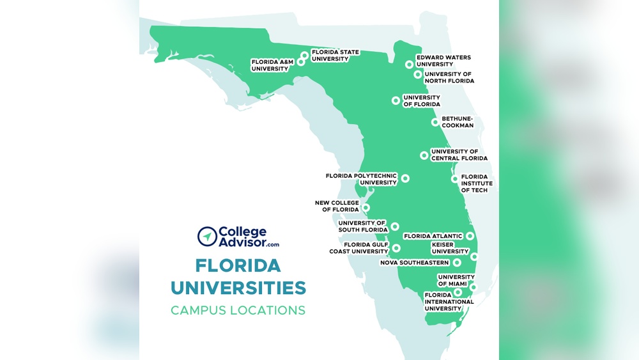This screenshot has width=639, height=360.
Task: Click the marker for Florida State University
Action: tap(305, 56)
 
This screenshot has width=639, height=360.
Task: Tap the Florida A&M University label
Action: tap(270, 65)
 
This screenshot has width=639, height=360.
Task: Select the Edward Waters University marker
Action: tap(409, 64)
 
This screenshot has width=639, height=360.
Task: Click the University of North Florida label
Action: tap(449, 77)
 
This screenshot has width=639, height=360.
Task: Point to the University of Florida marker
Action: tap(396, 100)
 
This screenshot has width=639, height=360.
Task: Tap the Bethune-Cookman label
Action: tap(458, 122)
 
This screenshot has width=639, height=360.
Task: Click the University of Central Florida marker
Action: tap(424, 155)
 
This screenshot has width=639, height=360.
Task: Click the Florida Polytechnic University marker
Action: tap(405, 178)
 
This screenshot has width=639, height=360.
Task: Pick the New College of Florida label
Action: tap(337, 206)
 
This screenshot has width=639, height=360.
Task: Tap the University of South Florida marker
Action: tap(395, 226)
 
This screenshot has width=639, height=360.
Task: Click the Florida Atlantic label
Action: tap(433, 236)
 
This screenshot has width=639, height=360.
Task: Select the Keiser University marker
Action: tap(474, 256)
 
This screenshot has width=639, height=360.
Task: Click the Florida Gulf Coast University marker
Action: tap(396, 248)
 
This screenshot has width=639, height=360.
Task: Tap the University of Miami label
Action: tap(456, 280)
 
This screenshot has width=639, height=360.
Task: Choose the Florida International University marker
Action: tap(458, 292)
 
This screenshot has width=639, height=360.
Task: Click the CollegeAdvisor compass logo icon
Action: tap(206, 236)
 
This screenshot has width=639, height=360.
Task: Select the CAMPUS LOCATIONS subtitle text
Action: tap(238, 311)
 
